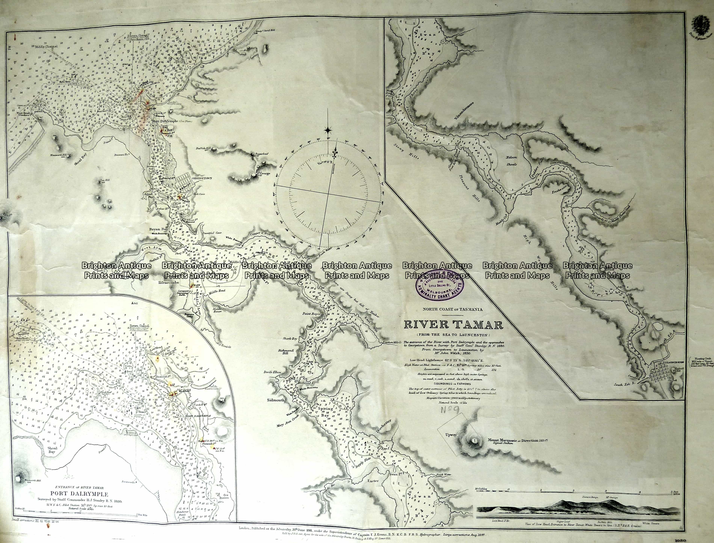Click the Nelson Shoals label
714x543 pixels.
512,161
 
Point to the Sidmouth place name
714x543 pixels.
276,400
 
